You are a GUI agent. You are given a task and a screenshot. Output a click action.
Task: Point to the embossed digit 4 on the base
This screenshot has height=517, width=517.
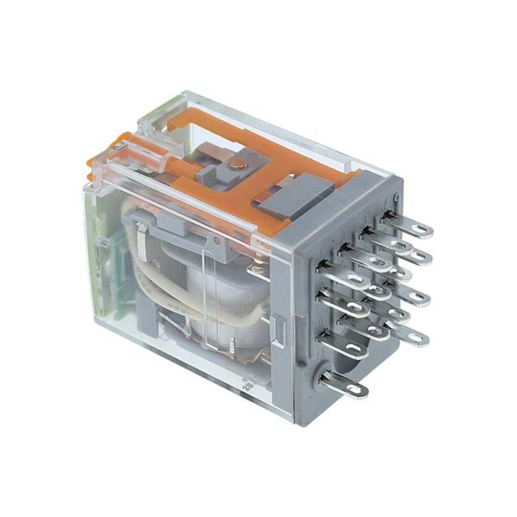[397, 197]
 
